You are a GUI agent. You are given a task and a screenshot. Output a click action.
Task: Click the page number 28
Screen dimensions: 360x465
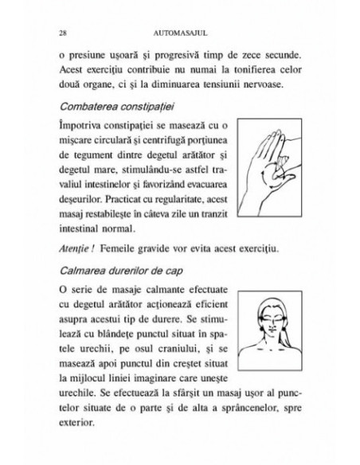click(x=63, y=33)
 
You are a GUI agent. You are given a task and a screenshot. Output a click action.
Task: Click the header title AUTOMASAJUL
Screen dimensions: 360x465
click(x=179, y=33)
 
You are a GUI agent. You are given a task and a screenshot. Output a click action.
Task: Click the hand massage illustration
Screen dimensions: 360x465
click(x=268, y=166)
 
